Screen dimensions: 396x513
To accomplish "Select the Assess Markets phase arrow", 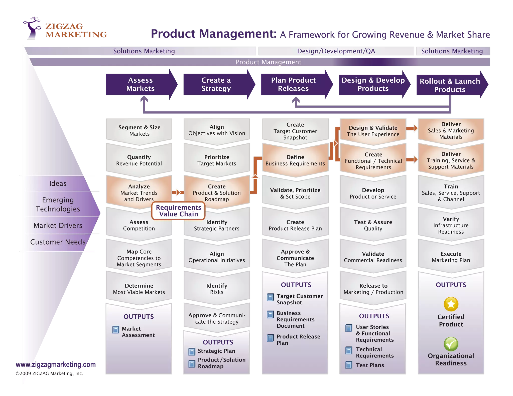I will [141, 84].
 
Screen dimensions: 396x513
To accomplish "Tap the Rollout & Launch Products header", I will [450, 85].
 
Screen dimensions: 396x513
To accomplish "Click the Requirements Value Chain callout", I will [178, 211].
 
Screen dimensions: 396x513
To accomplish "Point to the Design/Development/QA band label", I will [336, 51].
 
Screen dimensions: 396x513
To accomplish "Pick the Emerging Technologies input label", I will [58, 204].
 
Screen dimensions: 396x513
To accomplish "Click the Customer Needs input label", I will [58, 242].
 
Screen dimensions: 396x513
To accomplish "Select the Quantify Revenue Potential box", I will [139, 160].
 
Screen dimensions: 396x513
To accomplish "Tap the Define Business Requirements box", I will [295, 160].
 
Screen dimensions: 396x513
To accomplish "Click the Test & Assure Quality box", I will [373, 225].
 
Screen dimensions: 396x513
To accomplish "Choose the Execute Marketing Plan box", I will [451, 257].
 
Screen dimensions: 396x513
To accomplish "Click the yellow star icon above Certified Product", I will [451, 304].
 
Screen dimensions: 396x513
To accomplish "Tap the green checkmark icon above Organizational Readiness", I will [451, 344].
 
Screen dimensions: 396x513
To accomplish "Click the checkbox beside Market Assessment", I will [116, 329].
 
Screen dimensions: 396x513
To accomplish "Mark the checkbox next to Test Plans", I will [349, 365].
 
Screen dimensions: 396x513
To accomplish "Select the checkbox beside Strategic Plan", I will [192, 351].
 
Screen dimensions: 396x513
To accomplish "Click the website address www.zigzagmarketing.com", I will [56, 365].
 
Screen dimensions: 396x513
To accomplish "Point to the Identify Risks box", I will [217, 289].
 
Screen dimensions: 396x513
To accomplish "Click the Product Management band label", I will [268, 62].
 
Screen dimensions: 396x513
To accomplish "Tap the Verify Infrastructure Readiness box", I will [451, 225].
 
